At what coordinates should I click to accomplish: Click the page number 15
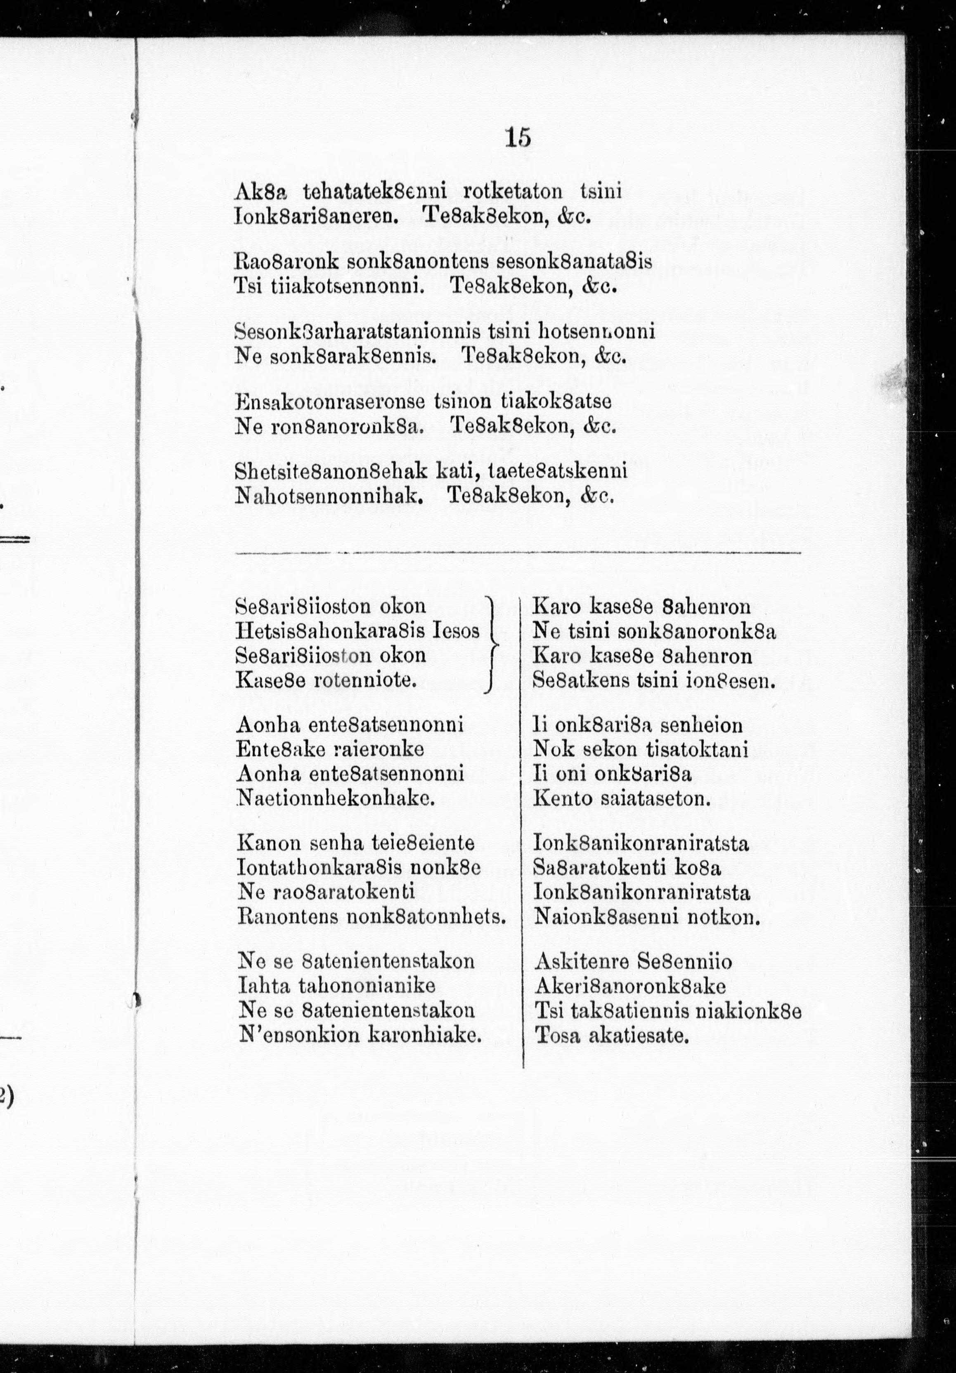pos(518,137)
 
